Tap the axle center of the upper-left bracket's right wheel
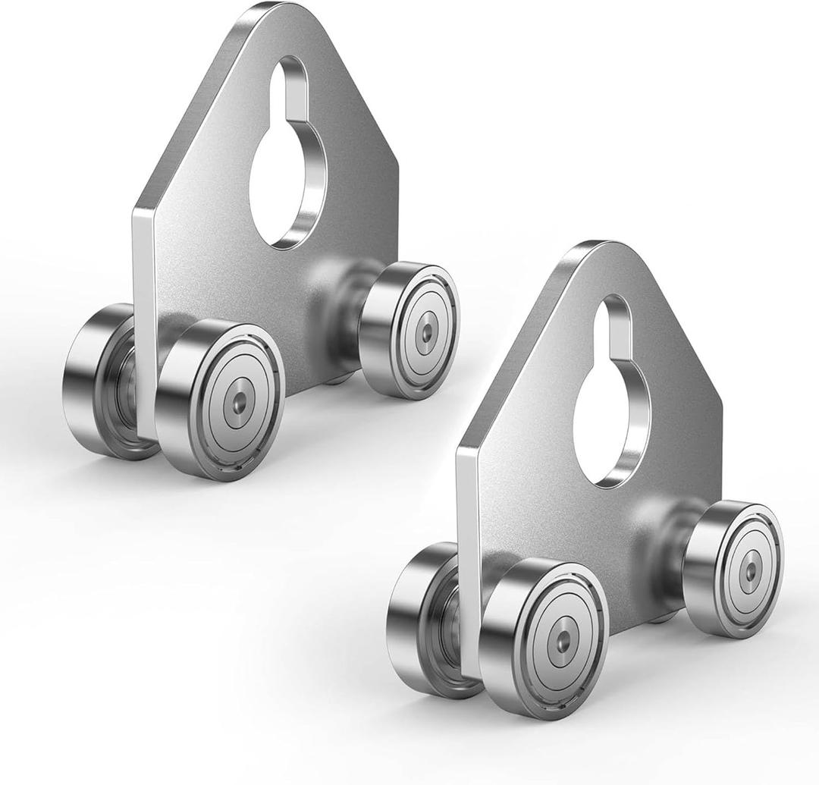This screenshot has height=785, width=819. coord(426,331)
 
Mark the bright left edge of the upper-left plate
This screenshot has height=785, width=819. coord(143,319)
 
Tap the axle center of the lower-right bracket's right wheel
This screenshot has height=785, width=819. coord(749,567)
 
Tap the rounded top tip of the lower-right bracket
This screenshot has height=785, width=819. coord(599,250)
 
